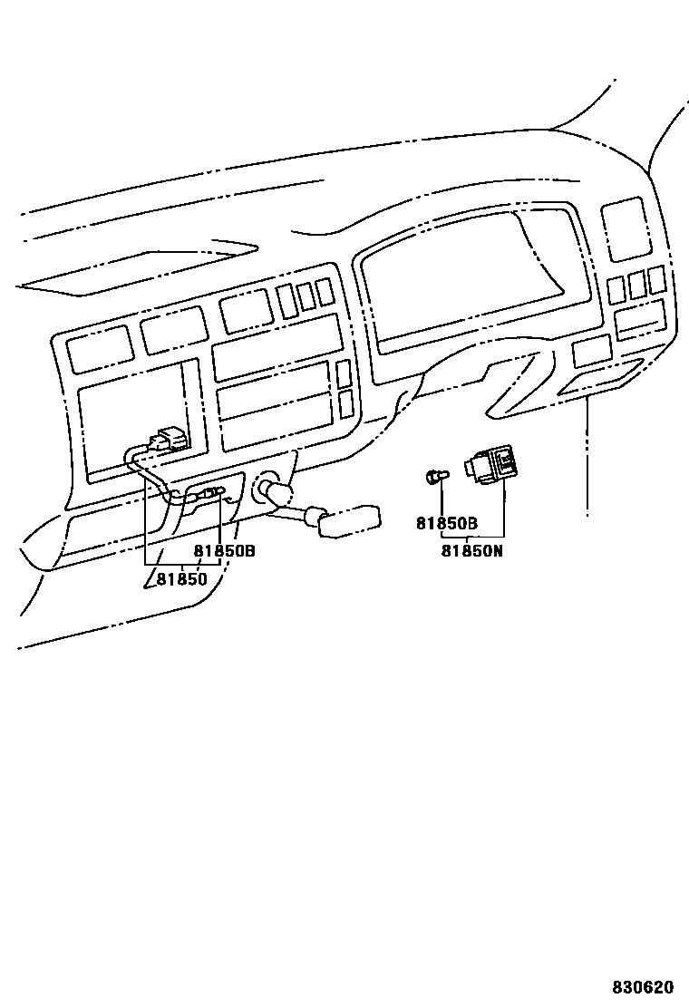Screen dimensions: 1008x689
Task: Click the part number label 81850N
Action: [471, 549]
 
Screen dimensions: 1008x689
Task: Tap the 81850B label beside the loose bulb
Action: [447, 523]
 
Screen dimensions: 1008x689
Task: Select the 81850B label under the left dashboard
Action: [224, 550]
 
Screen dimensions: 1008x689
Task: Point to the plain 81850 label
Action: [181, 578]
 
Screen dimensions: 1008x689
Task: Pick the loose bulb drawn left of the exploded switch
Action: [437, 476]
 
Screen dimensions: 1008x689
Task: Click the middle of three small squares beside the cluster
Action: [636, 284]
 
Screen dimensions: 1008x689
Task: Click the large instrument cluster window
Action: [471, 281]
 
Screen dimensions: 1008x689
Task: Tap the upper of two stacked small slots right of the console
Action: [344, 373]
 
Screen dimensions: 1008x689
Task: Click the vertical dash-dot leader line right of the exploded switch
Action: [587, 453]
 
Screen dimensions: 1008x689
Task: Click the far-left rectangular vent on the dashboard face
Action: [100, 349]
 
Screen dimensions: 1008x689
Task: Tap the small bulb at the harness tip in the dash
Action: [214, 492]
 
